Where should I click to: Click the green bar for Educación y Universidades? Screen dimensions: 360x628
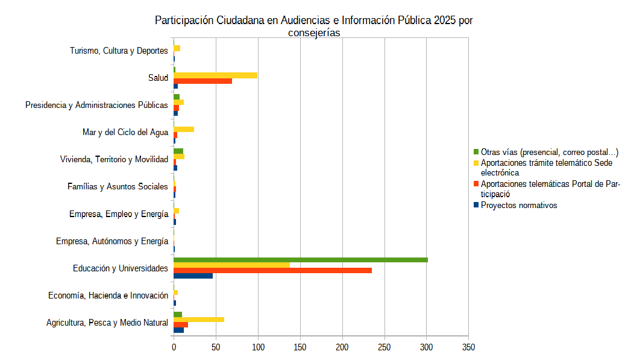(300, 260)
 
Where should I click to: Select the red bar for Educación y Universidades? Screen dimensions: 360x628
(272, 270)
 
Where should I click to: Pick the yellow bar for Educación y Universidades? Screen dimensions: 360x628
(231, 265)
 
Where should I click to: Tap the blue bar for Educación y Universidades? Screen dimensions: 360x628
(193, 276)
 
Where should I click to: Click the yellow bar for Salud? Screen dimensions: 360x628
(215, 75)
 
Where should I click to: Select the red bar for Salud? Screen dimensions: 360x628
(203, 81)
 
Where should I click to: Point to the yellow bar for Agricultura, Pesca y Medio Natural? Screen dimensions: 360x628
(199, 320)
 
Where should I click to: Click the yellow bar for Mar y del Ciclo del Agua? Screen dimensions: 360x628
(184, 130)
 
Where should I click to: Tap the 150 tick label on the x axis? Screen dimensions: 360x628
(300, 348)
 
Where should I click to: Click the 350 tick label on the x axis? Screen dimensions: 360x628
(469, 348)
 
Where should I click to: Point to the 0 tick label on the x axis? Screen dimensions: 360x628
(174, 348)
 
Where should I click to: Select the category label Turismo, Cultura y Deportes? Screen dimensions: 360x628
(119, 51)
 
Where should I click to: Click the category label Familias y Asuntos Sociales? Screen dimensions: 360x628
(118, 187)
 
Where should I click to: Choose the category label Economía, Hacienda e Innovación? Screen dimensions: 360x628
(108, 295)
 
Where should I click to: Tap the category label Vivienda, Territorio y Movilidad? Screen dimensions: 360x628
(114, 159)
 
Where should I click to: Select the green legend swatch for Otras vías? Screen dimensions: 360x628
(476, 152)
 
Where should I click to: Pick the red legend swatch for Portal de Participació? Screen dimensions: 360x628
(476, 184)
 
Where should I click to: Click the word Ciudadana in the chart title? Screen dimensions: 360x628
(234, 21)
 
